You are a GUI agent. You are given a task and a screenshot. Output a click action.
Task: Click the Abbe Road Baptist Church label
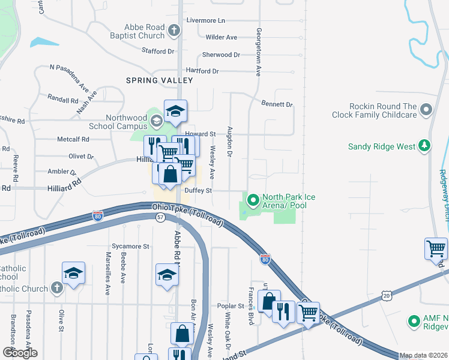(x=143, y=31)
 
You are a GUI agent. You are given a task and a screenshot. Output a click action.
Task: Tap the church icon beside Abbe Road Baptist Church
(x=174, y=30)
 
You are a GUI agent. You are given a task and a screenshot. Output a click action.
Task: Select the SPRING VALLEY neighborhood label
(x=159, y=80)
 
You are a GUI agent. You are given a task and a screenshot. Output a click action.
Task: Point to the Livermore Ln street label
(x=205, y=20)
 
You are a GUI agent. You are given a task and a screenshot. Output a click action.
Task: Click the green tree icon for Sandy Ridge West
(x=424, y=146)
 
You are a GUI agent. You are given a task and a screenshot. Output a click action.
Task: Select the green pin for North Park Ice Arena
(x=253, y=200)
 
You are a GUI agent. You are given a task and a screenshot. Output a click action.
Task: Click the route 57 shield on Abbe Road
(x=160, y=218)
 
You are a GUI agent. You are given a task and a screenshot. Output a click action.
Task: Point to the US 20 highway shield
(x=385, y=295)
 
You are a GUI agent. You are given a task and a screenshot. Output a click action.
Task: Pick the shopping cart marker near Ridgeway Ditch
(x=436, y=248)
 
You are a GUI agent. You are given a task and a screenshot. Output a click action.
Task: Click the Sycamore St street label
(x=130, y=246)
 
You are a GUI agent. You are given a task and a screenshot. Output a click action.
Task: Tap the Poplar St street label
(x=232, y=305)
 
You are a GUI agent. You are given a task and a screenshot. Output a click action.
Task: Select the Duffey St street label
(x=198, y=191)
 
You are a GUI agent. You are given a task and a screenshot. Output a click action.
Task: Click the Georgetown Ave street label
(x=259, y=52)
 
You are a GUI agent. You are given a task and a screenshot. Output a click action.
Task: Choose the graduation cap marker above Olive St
(x=73, y=272)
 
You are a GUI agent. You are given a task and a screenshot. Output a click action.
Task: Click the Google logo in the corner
(x=20, y=353)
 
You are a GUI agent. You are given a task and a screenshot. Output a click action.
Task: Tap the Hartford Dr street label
(x=202, y=71)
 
